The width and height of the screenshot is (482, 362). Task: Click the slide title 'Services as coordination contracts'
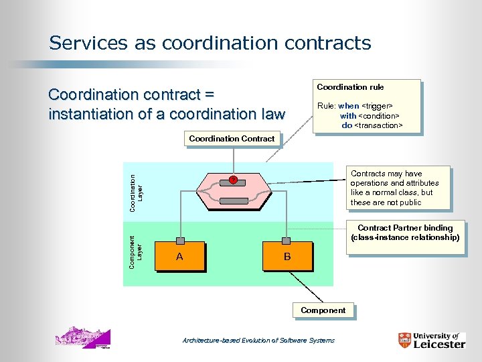pos(210,44)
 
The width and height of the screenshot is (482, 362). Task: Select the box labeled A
pos(179,257)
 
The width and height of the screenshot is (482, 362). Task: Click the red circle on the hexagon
pos(233,180)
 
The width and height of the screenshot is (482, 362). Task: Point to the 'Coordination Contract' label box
pos(232,139)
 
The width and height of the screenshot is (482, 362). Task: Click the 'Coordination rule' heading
pos(350,87)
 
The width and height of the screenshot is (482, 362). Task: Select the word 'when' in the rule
pos(349,106)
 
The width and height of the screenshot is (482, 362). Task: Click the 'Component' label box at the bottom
pos(323,310)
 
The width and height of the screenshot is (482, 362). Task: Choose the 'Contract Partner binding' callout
pos(404,233)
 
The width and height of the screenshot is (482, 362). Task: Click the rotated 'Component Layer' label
pos(136,252)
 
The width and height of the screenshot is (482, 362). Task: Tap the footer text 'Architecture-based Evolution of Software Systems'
pos(258,341)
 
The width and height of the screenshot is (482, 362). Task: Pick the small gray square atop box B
pos(287,241)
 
